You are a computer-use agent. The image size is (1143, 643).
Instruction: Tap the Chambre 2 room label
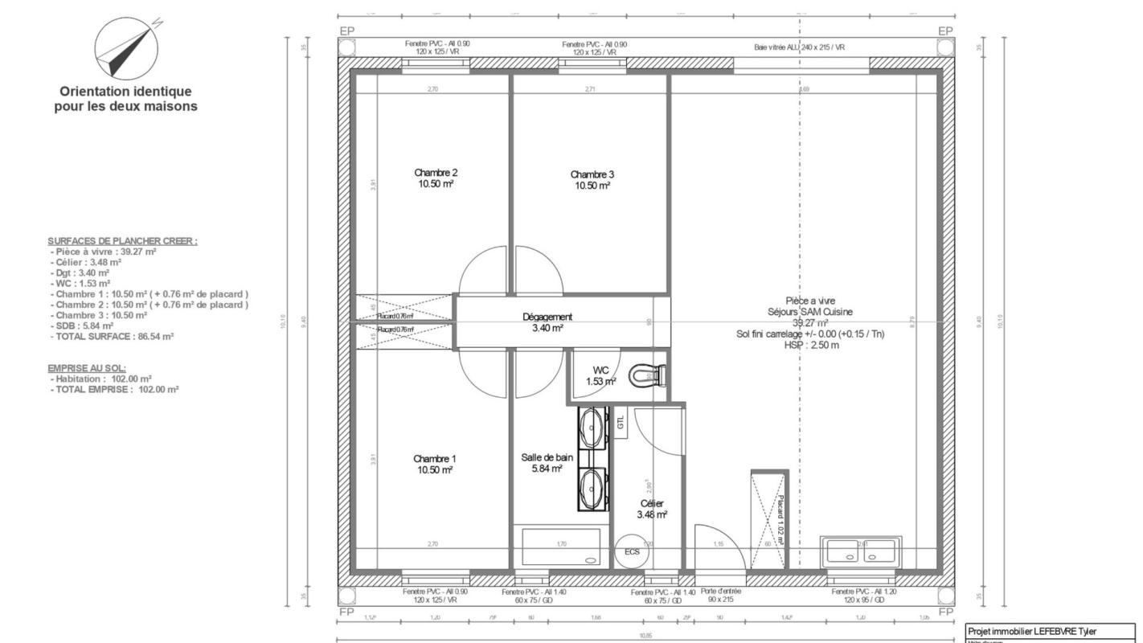click(x=436, y=178)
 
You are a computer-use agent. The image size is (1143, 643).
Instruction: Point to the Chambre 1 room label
click(x=435, y=465)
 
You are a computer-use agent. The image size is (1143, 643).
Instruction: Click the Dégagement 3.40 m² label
click(x=547, y=322)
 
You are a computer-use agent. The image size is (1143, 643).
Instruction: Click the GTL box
click(x=621, y=423)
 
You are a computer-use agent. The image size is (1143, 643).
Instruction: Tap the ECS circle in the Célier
click(x=632, y=552)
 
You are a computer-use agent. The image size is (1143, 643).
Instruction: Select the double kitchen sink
click(x=858, y=552)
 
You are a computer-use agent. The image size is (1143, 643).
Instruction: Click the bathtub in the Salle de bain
click(x=561, y=547)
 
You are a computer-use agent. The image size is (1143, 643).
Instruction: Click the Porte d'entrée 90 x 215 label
click(x=715, y=596)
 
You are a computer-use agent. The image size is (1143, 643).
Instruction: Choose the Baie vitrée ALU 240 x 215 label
click(x=799, y=47)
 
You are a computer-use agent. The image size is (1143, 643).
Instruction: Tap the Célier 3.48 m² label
click(x=652, y=509)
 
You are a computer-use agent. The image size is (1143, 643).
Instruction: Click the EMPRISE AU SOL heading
click(x=87, y=367)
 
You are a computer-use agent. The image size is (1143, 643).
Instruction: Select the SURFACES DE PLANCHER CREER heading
click(x=122, y=241)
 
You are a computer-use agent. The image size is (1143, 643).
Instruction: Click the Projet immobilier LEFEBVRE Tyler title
click(x=1031, y=631)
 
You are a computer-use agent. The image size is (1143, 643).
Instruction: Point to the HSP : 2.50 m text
click(x=811, y=346)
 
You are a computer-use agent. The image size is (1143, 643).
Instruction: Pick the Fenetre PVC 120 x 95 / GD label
click(x=868, y=596)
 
